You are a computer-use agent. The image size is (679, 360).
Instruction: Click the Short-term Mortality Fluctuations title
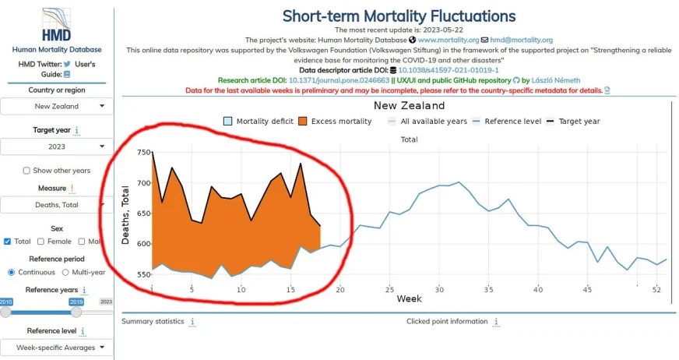398,16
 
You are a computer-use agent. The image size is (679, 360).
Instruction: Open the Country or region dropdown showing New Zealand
56,106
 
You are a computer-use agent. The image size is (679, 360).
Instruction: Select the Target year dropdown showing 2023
56,146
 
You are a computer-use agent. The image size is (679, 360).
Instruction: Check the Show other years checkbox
26,171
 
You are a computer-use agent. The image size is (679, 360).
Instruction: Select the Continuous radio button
11,272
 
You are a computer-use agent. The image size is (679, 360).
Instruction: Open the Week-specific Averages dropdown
56,348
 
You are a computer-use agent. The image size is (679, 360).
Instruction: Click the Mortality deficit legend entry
260,122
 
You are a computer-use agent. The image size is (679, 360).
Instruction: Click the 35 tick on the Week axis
488,289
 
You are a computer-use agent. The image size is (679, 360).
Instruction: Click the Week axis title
409,299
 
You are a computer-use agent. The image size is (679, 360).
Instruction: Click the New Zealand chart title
409,106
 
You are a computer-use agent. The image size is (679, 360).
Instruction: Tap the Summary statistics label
153,321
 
